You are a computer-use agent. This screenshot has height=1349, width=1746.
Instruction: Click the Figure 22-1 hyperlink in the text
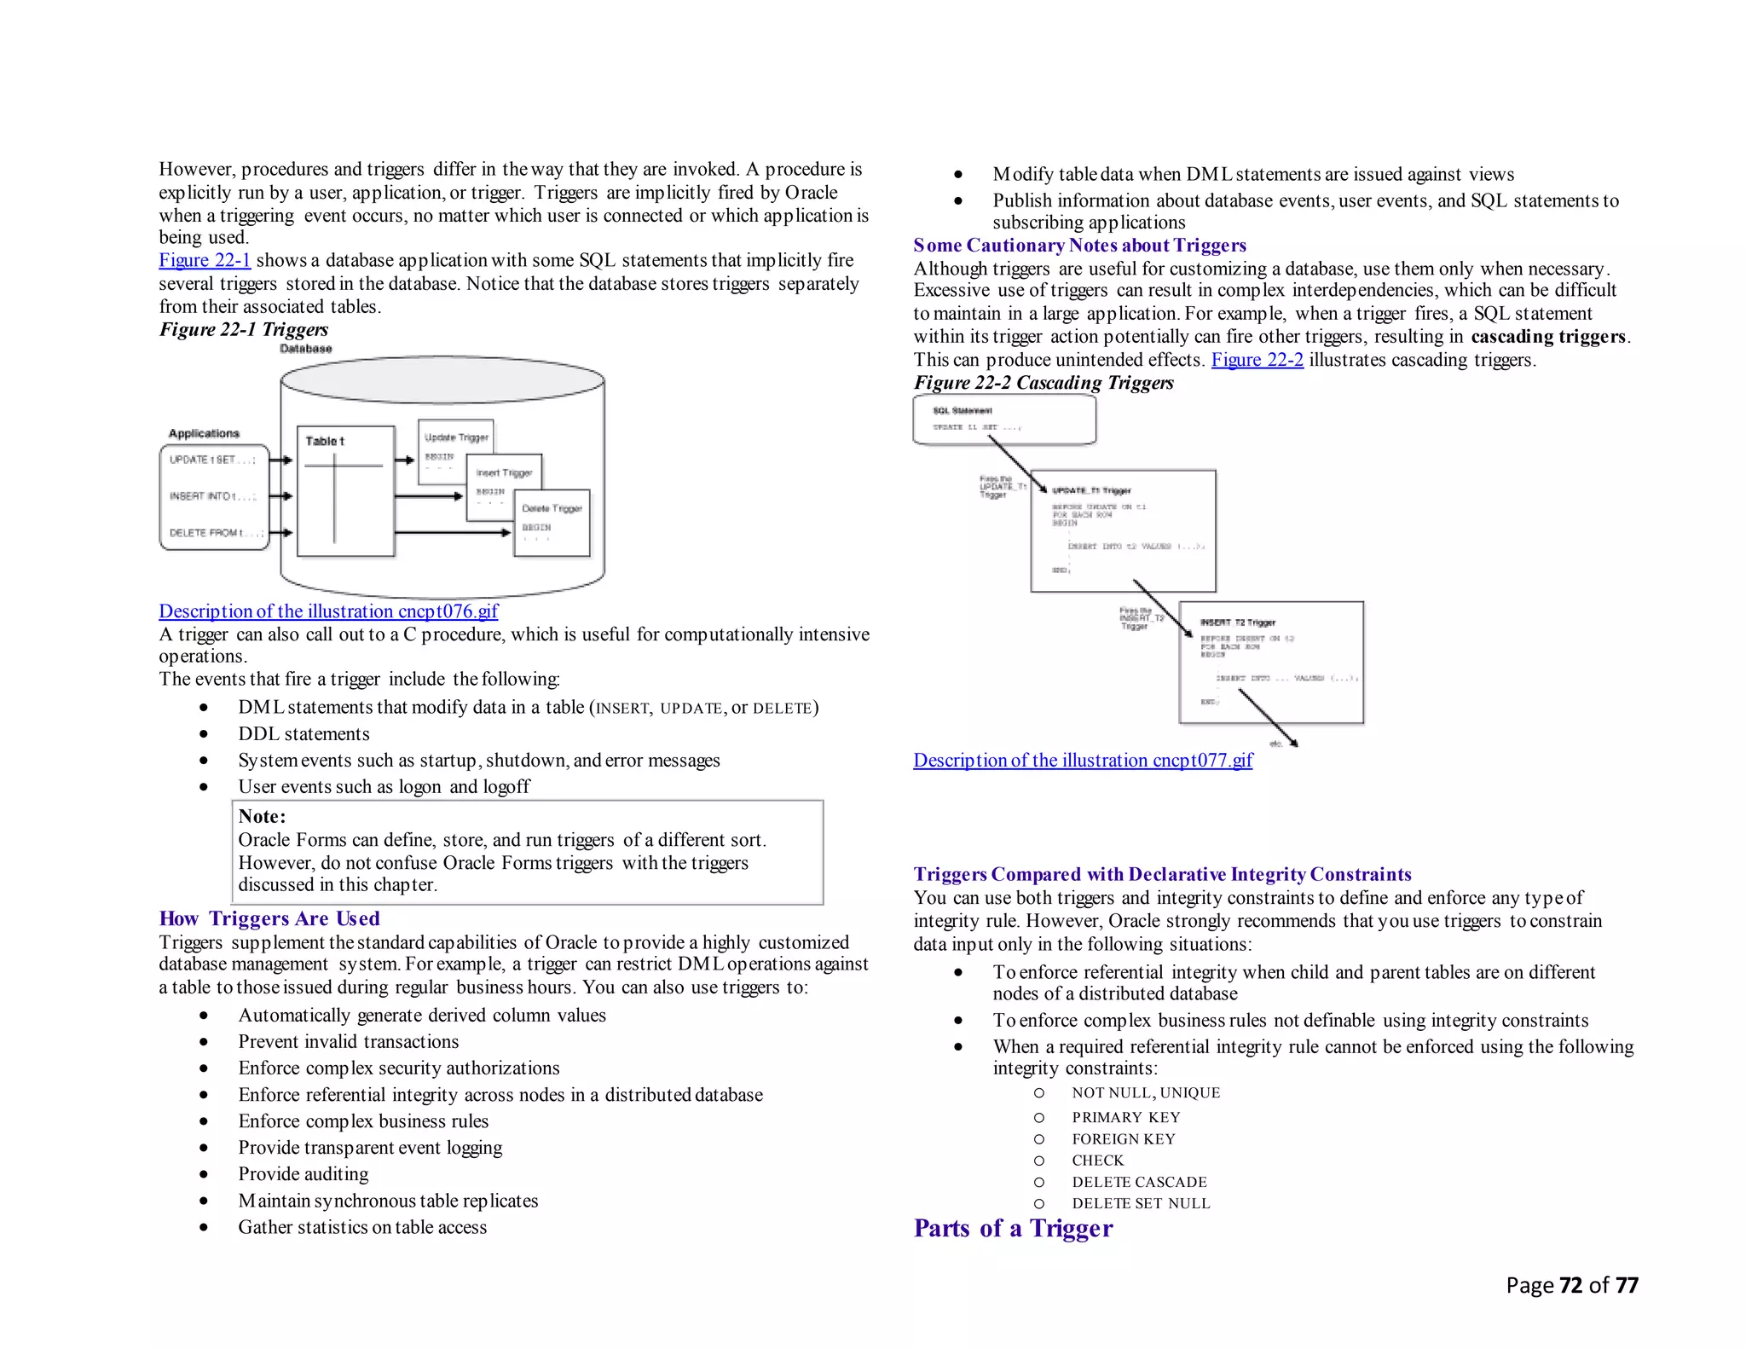(x=205, y=261)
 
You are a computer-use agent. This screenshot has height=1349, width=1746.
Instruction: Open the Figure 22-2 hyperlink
(x=1257, y=360)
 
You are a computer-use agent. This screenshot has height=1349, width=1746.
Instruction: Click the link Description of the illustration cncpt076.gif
(x=328, y=611)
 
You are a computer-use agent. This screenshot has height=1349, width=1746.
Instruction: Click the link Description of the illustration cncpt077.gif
(x=1083, y=761)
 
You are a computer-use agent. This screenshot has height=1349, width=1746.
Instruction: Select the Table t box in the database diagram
(x=345, y=491)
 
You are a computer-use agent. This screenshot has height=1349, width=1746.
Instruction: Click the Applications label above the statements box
(x=204, y=433)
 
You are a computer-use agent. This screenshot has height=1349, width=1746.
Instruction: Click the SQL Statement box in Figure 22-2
(x=1003, y=420)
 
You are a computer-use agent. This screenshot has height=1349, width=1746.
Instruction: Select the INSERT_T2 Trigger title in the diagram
(x=1238, y=623)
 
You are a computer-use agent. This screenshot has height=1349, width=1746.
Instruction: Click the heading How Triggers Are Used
(x=269, y=918)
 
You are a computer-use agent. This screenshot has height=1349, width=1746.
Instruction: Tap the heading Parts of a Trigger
(x=1013, y=1229)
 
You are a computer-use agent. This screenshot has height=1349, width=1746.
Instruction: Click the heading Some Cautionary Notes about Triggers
(x=1079, y=246)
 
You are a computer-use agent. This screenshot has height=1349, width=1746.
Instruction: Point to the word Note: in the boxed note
(x=262, y=817)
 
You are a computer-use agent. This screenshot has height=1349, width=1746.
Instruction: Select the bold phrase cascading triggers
(x=1548, y=337)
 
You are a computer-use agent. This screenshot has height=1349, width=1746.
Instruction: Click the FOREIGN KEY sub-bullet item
(x=1123, y=1139)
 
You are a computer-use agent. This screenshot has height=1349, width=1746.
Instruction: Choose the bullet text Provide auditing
(x=304, y=1174)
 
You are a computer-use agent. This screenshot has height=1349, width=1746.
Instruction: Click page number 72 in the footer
(x=1570, y=1285)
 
